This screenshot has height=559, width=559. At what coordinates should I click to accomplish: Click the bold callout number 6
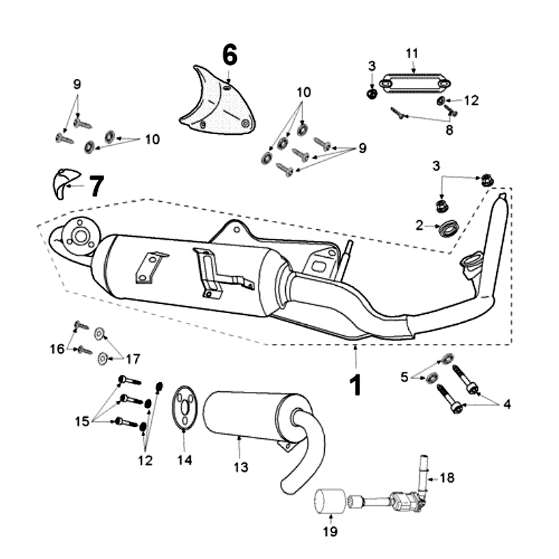(230, 54)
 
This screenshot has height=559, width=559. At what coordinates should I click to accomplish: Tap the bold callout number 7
(96, 186)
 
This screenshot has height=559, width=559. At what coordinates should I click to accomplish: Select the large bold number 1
(356, 384)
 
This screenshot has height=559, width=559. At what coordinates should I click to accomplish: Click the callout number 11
(412, 53)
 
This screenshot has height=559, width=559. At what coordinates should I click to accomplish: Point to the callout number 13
(240, 467)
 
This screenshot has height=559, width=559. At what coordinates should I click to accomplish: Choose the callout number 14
(184, 460)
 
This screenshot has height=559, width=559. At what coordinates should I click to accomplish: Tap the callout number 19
(330, 532)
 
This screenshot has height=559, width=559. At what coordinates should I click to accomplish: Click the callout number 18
(447, 478)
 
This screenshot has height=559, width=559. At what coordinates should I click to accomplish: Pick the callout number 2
(419, 225)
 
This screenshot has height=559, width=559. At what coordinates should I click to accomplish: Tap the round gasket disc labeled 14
(184, 406)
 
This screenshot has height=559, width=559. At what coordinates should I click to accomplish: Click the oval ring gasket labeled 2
(447, 226)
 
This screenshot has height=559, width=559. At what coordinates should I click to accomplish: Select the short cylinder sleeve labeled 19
(327, 502)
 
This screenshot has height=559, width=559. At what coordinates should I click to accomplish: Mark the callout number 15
(82, 421)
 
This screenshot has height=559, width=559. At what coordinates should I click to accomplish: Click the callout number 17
(132, 358)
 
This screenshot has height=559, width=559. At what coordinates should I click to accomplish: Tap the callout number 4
(507, 404)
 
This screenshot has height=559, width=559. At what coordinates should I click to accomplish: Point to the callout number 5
(404, 377)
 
